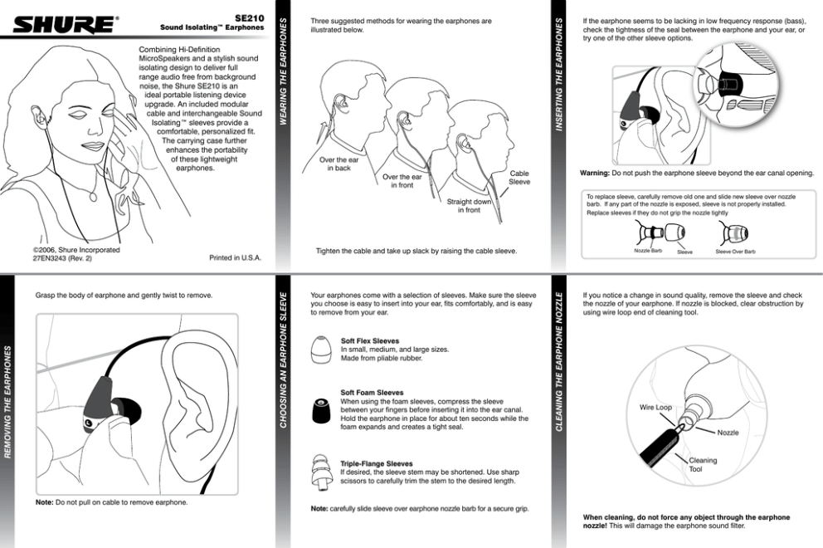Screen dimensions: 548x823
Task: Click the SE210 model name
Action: (x=248, y=17)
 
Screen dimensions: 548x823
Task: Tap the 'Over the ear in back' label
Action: (x=338, y=164)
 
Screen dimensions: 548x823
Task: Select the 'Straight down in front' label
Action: (x=469, y=205)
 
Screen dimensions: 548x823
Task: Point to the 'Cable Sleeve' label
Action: (x=519, y=178)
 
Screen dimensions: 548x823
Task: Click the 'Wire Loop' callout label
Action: (x=655, y=408)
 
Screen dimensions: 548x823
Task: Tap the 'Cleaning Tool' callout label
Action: (x=703, y=464)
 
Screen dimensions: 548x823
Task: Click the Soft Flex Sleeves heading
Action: (x=370, y=340)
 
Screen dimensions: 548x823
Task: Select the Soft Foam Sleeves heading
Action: (x=373, y=392)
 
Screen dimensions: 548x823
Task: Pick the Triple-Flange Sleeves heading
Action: (x=377, y=463)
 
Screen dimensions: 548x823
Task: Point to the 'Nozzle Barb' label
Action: (x=647, y=250)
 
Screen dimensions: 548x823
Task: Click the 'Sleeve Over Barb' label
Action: (x=735, y=251)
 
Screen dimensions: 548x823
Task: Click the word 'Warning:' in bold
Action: (x=595, y=173)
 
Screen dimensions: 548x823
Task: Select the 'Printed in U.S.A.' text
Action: (x=235, y=257)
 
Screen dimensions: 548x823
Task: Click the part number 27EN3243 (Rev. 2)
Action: (x=62, y=258)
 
